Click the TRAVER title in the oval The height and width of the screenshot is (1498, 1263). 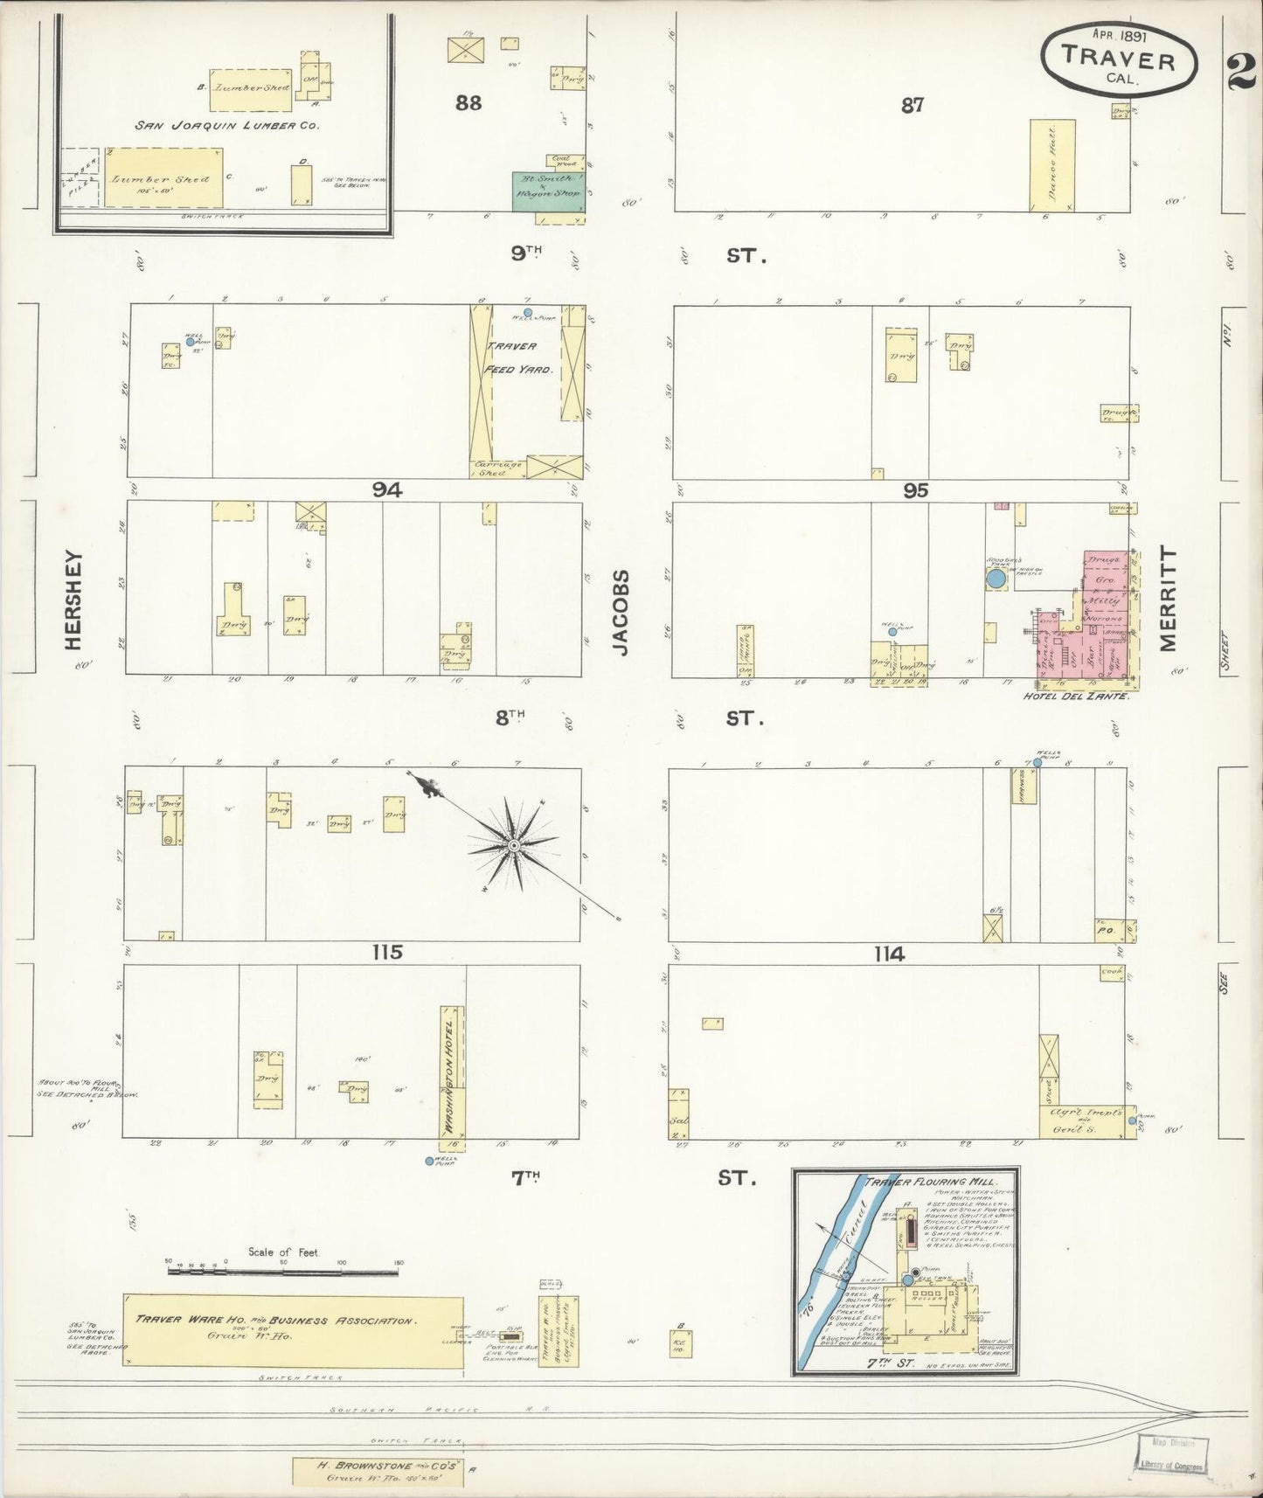pos(1118,60)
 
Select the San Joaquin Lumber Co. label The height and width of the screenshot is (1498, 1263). pos(227,125)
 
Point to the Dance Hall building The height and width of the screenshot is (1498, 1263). pos(1051,165)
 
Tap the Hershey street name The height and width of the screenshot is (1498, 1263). pos(73,600)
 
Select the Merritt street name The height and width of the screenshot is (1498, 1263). pos(1169,600)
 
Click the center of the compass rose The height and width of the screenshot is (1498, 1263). pos(515,845)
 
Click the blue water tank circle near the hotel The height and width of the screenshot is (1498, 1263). pos(996,578)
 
